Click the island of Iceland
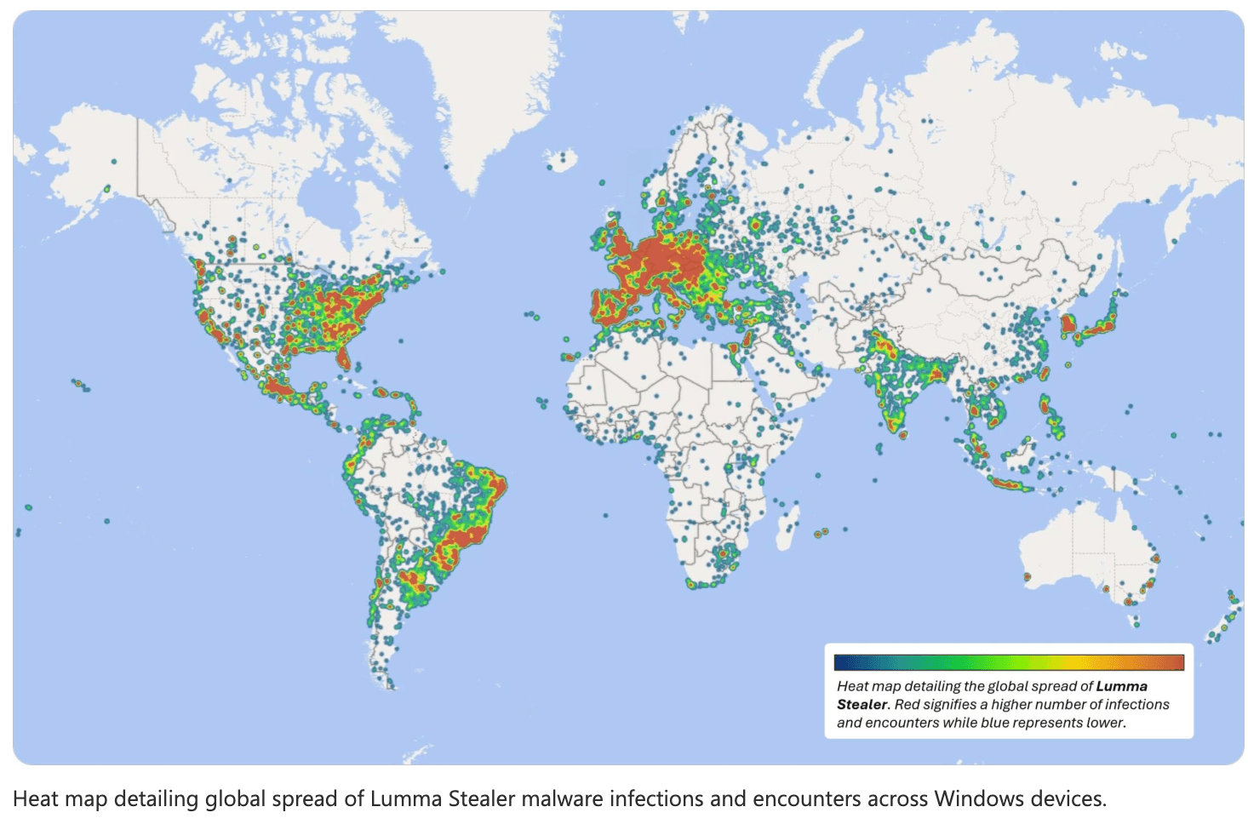[560, 159]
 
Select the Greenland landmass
[477, 94]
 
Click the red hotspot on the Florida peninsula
[343, 358]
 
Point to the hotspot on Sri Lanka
[902, 435]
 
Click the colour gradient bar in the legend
[1009, 662]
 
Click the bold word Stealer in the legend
[862, 705]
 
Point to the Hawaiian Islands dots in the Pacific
[80, 386]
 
